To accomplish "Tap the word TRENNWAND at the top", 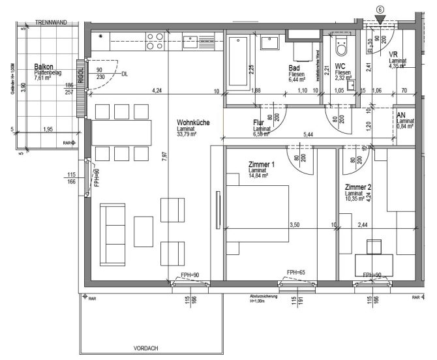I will (x=53, y=22).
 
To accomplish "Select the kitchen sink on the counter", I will (x=192, y=42).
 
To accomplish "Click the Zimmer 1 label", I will (x=262, y=164).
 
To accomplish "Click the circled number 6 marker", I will (x=380, y=10).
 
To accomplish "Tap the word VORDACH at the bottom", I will (x=145, y=348).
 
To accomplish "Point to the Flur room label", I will (x=262, y=123).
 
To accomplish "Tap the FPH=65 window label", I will (x=297, y=272).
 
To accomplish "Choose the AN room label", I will (x=400, y=114).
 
